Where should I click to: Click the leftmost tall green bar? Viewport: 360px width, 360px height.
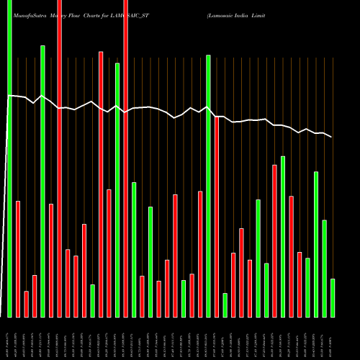9,158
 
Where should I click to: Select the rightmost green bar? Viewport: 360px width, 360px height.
333,298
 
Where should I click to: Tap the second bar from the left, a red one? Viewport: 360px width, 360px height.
18,259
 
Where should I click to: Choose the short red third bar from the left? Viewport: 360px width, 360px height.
26,304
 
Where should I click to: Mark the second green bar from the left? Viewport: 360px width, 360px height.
42,180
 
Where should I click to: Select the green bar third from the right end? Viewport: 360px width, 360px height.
316,245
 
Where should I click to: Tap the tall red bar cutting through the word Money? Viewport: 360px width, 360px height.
59,158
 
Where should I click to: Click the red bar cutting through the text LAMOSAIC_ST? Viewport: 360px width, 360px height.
125,158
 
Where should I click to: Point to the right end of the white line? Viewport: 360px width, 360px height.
332,137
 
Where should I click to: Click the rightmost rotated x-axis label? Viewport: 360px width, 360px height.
333,338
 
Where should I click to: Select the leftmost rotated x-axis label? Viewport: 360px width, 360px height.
9,338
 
